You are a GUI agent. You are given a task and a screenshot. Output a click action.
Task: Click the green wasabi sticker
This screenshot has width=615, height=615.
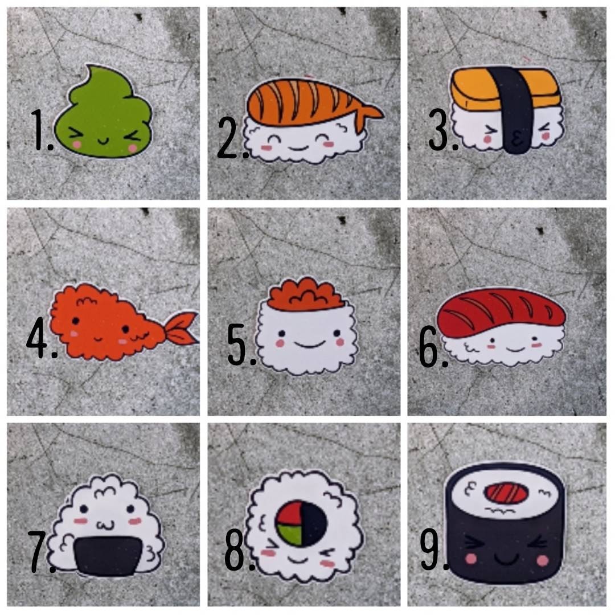(x=105, y=114)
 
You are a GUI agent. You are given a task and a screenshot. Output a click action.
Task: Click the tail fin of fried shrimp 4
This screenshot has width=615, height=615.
(x=181, y=329)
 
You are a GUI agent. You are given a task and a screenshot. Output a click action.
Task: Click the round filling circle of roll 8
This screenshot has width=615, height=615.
(x=300, y=520)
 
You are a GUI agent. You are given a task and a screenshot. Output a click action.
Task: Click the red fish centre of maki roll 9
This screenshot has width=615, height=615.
(x=506, y=493)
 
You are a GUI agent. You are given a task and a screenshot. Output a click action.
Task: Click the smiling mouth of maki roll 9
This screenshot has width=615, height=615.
(x=505, y=558)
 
